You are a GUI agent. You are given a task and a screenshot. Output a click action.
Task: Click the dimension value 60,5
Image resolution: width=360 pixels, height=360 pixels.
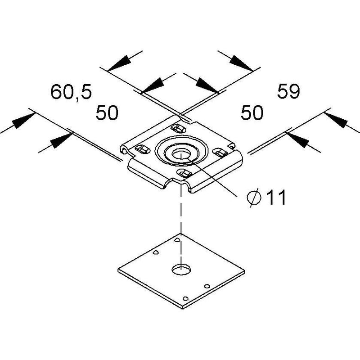[x=71, y=92]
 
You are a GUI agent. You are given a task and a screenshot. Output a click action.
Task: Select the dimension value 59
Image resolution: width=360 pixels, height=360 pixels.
[x=288, y=91]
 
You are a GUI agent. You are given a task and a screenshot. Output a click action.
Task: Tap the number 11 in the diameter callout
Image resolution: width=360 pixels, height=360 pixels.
[x=276, y=197]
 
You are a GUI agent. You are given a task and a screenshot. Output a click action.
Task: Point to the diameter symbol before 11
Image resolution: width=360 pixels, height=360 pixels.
[x=254, y=198]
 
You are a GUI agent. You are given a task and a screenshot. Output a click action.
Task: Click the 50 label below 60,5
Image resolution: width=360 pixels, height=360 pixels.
[x=107, y=113]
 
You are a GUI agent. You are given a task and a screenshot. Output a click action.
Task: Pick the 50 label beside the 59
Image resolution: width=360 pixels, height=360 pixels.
[x=252, y=113]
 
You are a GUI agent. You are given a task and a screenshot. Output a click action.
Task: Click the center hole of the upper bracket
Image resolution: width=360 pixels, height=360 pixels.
[x=181, y=154]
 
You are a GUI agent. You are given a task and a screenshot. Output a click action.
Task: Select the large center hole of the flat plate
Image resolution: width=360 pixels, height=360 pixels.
[x=181, y=269]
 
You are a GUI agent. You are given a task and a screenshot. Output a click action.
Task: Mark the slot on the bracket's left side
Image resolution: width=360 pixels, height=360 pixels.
[x=143, y=149]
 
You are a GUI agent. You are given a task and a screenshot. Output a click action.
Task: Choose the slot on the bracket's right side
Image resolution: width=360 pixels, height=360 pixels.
[x=220, y=152]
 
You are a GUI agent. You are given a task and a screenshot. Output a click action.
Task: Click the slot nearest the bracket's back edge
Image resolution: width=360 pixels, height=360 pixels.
[x=179, y=128]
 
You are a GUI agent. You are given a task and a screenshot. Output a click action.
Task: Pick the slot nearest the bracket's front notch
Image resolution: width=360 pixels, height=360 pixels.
[x=185, y=173]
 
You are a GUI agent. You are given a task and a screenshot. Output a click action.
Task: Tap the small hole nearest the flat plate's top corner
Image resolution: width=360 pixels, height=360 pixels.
[x=177, y=240]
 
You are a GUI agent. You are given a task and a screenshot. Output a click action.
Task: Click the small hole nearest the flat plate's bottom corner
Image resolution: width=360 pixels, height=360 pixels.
[x=185, y=299]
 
